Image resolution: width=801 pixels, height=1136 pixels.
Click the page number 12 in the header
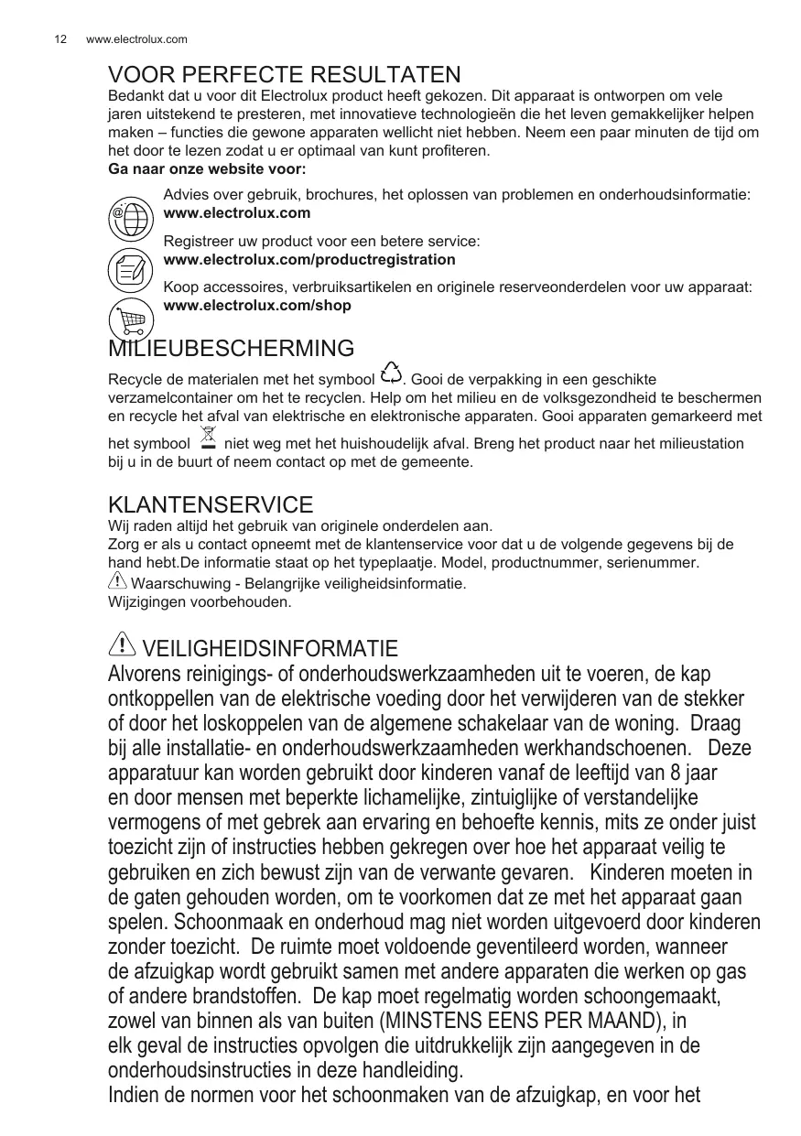(60, 39)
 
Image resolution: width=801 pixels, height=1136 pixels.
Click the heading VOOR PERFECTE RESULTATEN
(284, 74)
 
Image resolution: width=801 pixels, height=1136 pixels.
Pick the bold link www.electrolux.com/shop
(256, 305)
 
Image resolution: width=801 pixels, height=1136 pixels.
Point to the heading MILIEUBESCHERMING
(231, 348)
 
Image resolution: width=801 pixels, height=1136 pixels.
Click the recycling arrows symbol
(391, 373)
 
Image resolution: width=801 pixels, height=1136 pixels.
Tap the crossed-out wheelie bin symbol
(208, 438)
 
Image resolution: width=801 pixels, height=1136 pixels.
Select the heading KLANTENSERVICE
(211, 504)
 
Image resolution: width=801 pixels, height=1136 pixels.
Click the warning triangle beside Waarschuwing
(118, 580)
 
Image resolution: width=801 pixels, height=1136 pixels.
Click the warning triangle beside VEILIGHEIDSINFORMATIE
(121, 646)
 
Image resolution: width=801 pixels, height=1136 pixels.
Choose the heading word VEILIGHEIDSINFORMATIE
(270, 650)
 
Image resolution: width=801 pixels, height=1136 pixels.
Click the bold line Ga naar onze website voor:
(207, 169)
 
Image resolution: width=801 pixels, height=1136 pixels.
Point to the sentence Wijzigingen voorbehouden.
(200, 602)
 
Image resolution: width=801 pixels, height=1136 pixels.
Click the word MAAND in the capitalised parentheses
(623, 1020)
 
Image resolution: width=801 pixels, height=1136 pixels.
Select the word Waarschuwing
(177, 583)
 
